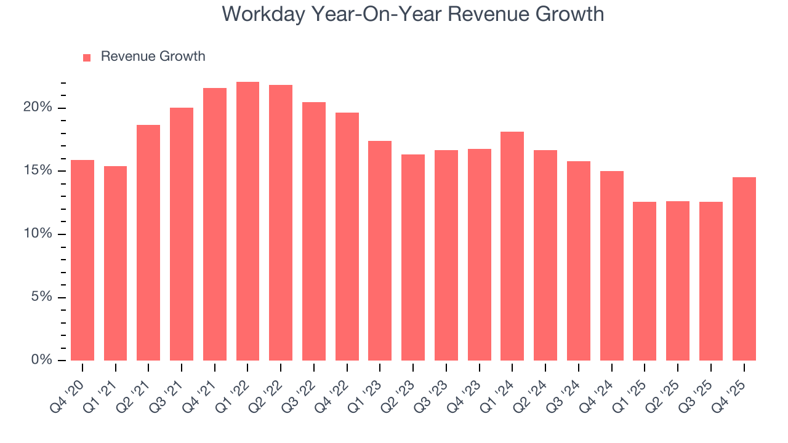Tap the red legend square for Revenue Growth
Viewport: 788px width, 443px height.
click(87, 57)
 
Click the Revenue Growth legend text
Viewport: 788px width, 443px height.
click(153, 57)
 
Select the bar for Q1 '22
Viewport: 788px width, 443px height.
click(247, 221)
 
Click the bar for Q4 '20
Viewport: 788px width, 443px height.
click(82, 260)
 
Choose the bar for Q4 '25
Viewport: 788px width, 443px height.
click(744, 269)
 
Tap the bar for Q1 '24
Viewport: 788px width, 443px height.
click(512, 246)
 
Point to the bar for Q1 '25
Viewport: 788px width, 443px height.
click(645, 281)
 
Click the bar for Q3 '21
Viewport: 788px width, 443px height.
click(182, 234)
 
